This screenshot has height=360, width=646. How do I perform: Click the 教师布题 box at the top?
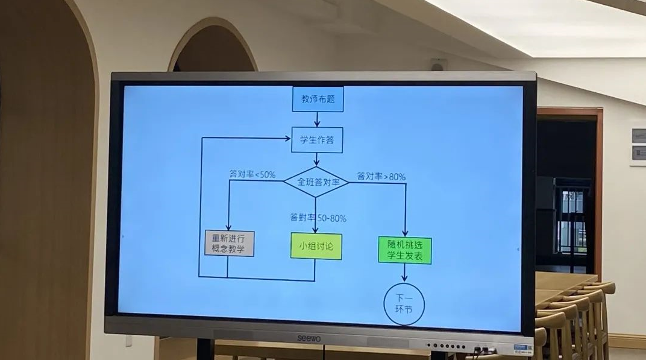coord(318,99)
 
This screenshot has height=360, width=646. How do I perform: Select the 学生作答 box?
coord(317,140)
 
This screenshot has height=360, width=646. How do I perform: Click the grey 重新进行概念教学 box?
coord(229,244)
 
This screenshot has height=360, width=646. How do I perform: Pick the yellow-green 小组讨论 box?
coord(316,246)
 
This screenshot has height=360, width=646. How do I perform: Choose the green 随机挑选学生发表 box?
coord(404,250)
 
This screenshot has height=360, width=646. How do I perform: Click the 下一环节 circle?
coord(404,304)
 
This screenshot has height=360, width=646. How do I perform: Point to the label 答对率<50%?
coord(252,174)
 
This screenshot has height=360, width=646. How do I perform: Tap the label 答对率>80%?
coord(381,177)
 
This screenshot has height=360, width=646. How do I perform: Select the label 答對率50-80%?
coord(318,218)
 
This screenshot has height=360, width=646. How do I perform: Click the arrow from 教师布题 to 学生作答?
coord(317,119)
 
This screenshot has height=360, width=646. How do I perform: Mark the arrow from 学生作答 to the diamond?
coord(316,160)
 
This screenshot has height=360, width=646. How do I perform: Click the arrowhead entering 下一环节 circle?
coord(404,278)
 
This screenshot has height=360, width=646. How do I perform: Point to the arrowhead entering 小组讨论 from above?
coord(315,230)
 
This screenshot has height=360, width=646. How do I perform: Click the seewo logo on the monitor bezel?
coord(311,339)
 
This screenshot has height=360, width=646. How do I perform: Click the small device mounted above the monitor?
coord(438,65)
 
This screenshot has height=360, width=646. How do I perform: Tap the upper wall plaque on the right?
coord(638,135)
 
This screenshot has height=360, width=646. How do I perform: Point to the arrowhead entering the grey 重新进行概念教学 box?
coord(228,227)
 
